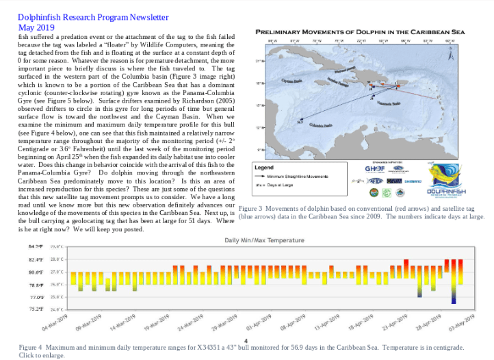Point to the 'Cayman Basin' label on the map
(291, 80)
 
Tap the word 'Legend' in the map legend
(264, 167)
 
